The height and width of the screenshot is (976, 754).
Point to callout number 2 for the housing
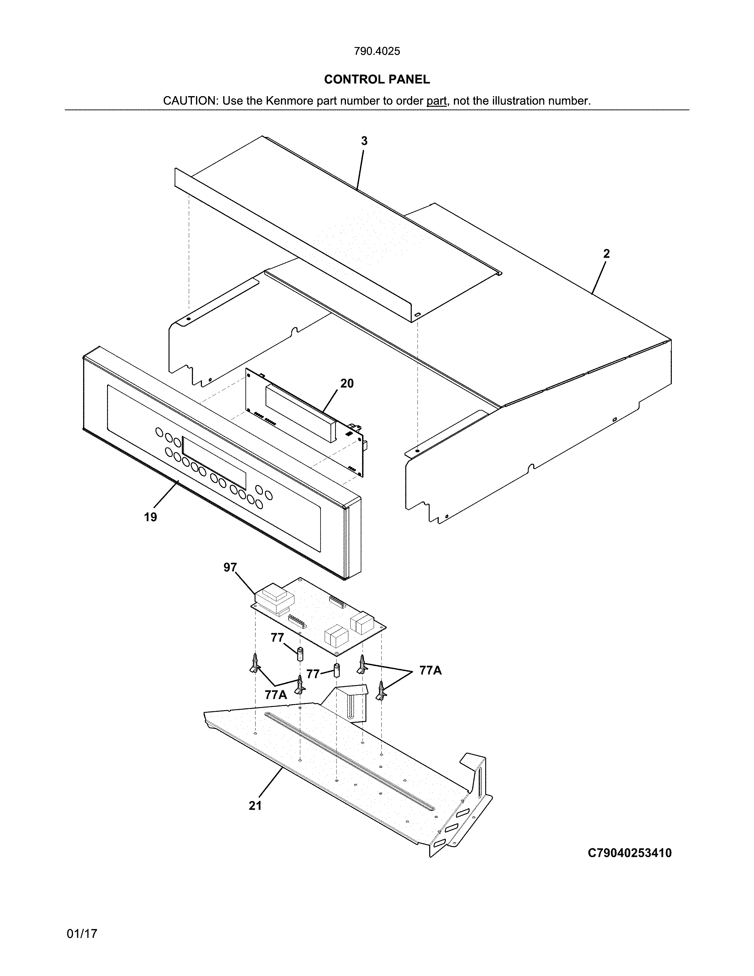click(x=606, y=254)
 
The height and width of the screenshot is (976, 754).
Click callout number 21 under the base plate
click(x=255, y=806)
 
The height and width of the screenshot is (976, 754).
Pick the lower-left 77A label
click(x=276, y=694)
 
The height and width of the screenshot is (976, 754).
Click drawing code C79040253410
click(x=630, y=853)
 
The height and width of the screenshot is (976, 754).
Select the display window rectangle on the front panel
click(x=214, y=463)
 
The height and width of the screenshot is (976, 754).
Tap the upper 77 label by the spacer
click(x=277, y=638)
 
